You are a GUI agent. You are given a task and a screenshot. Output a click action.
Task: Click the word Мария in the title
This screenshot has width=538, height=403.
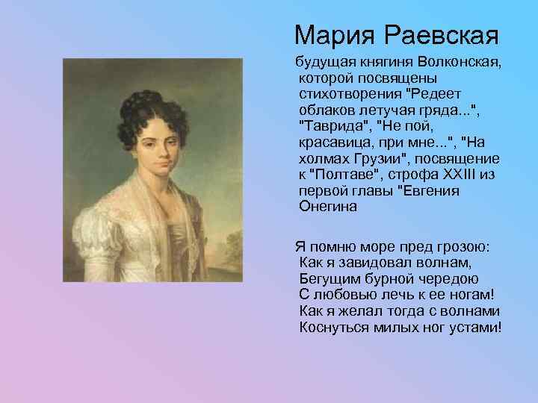(x=330, y=34)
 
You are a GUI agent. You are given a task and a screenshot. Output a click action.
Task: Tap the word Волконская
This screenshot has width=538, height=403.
(x=454, y=60)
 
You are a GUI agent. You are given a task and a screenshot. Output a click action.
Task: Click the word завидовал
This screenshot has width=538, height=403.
(x=387, y=263)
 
